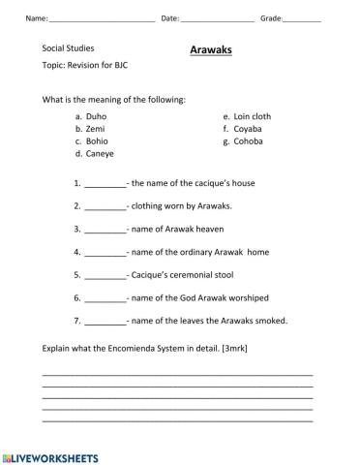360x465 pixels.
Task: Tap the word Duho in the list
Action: (x=97, y=116)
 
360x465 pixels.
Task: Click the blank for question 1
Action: (x=105, y=184)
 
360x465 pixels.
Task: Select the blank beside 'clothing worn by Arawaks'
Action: (x=105, y=207)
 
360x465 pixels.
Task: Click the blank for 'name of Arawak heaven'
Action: (x=105, y=231)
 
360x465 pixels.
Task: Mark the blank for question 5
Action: (x=105, y=276)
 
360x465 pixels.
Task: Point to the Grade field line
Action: (x=302, y=20)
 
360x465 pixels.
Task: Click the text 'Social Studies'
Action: (x=68, y=46)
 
